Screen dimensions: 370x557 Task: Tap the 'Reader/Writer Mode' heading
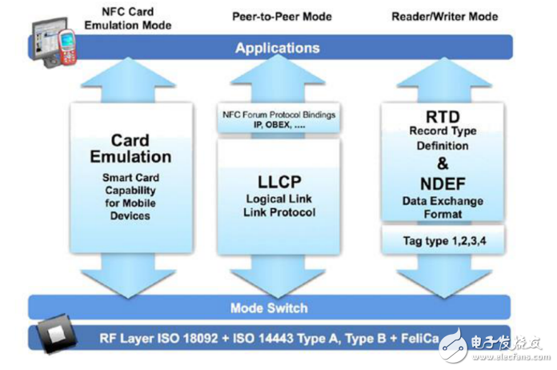coord(444,16)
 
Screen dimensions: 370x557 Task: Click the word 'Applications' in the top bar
coord(278,49)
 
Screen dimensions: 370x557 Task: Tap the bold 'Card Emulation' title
coord(130,149)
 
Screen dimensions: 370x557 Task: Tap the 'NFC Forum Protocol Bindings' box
coord(278,120)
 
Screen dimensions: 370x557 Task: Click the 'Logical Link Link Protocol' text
coord(278,205)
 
